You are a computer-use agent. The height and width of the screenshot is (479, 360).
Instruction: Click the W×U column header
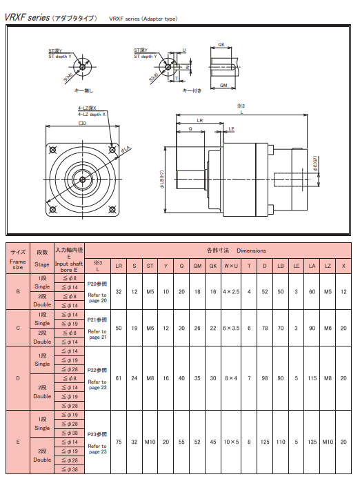[231, 265]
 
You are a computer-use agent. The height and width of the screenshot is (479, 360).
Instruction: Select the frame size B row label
[18, 292]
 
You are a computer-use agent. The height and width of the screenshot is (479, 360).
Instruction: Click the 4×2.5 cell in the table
[231, 292]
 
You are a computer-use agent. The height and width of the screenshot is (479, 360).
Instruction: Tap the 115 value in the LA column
[311, 378]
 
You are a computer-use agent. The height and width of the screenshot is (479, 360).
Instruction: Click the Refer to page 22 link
[97, 384]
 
